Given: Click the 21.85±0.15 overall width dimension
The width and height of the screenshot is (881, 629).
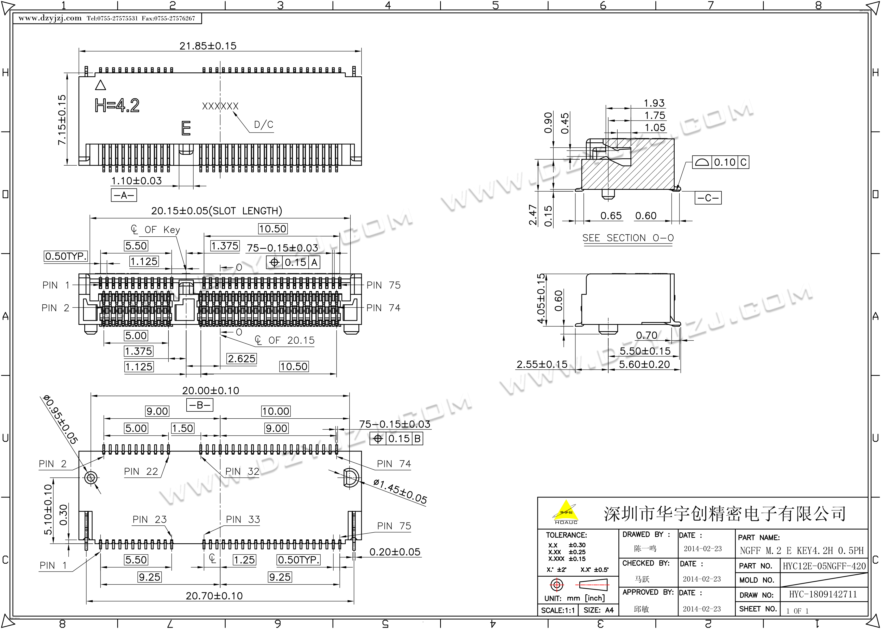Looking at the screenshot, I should (x=208, y=46).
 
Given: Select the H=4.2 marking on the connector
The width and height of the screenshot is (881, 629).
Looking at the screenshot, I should (x=117, y=105).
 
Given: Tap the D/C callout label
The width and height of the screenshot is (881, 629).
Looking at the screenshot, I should (x=264, y=125).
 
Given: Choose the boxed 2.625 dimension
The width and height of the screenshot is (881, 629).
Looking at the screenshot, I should (x=242, y=359).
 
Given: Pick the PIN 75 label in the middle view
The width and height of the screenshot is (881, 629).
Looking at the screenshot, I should (x=383, y=285).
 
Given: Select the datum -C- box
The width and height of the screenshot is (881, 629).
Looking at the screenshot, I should (x=708, y=198).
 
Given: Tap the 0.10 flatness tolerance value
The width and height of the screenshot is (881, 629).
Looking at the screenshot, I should (x=724, y=162).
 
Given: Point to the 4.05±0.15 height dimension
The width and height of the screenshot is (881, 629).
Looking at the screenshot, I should (x=541, y=298).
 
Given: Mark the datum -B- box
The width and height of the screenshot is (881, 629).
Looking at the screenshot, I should (x=200, y=405).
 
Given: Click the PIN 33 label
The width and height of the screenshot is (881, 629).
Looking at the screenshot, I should (x=243, y=519).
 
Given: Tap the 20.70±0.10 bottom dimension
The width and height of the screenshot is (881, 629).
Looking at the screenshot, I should (x=214, y=596).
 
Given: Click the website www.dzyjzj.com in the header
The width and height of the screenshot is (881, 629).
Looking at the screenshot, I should (x=50, y=18).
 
